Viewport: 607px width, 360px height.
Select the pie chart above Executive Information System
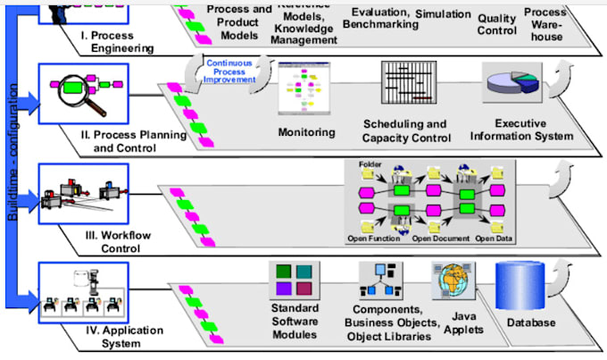coord(512,87)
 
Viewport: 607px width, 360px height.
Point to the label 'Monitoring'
coord(306,132)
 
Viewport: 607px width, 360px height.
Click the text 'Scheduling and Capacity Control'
coord(405,130)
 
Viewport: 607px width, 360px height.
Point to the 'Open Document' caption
coord(440,239)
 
